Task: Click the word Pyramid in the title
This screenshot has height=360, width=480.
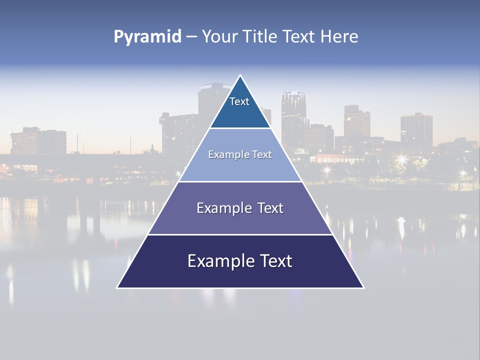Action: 147,37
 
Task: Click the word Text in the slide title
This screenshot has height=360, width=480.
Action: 300,36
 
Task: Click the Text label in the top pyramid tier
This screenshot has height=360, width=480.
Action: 239,102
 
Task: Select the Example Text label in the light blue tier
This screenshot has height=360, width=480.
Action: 240,155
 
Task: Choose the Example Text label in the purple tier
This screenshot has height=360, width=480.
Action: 240,208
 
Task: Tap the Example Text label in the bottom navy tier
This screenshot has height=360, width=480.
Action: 240,261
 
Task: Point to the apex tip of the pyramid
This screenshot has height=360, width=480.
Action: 240,76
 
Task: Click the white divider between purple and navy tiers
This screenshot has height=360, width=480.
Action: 240,234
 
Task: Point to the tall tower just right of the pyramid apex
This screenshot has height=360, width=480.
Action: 293,117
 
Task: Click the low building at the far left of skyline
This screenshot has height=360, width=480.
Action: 38,141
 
